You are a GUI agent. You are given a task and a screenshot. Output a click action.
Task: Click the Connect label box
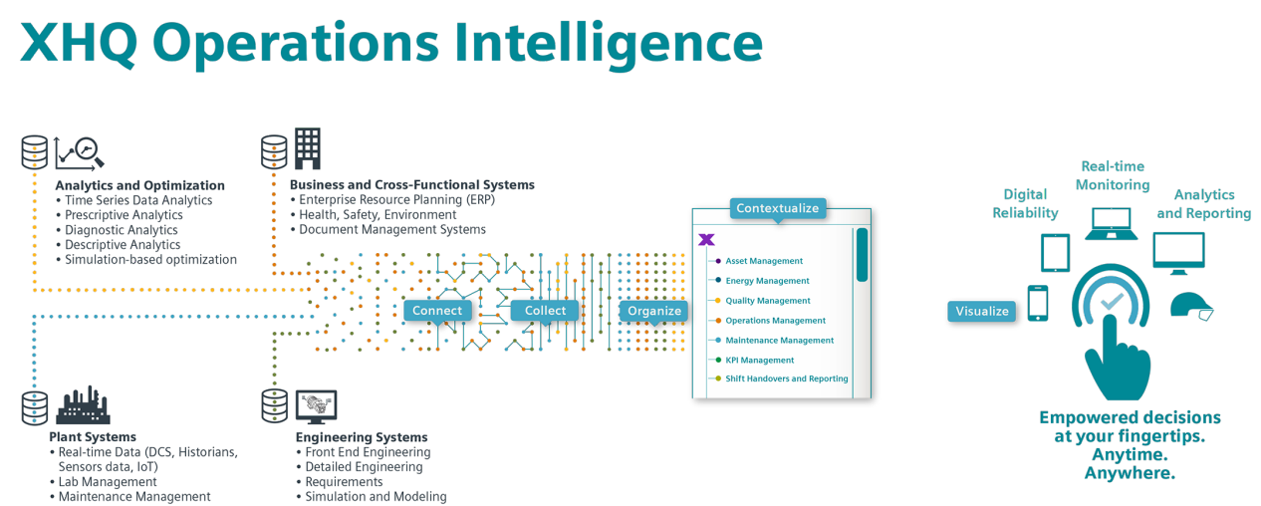coord(437,311)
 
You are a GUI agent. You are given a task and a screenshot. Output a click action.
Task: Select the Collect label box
coord(545,311)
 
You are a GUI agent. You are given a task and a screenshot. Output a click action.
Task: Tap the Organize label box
coord(654,311)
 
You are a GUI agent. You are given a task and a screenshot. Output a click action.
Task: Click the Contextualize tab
coord(777,208)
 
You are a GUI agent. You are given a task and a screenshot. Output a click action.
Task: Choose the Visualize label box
coord(982,312)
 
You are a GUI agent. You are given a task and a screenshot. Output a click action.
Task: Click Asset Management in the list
coord(763,261)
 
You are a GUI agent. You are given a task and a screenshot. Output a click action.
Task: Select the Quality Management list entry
coord(767,301)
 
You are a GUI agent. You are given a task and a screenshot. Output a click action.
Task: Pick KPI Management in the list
coord(759,360)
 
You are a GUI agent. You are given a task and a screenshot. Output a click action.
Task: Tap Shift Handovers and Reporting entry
coord(786,379)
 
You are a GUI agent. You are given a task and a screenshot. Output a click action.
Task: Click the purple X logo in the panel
coord(707,240)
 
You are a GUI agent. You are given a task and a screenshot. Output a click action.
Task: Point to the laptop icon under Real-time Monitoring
coord(1112,224)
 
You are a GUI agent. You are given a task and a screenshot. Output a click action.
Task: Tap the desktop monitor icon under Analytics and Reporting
coord(1178,253)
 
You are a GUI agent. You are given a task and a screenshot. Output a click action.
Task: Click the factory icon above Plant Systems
coord(83,404)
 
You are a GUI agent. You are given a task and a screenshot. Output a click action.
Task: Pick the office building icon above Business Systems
coord(306,147)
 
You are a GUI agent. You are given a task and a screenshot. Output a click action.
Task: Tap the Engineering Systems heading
coord(362,437)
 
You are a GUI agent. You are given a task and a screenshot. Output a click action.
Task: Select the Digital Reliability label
coord(1025,203)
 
